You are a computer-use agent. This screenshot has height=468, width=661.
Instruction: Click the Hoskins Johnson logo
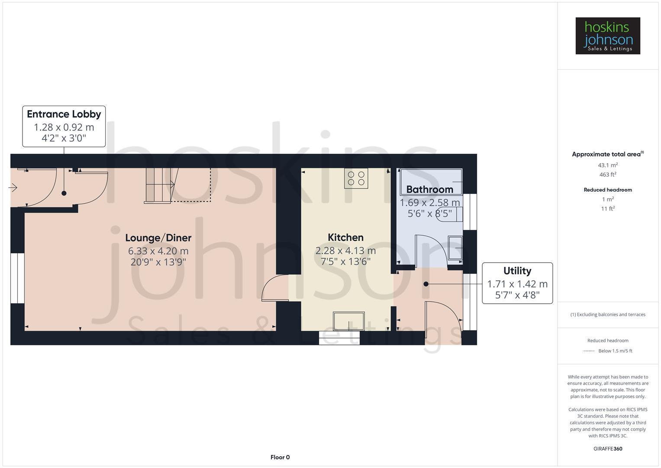coord(607,36)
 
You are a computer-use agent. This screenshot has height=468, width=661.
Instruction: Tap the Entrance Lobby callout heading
coord(64,114)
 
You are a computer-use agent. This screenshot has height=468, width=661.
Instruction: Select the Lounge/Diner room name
coord(158,237)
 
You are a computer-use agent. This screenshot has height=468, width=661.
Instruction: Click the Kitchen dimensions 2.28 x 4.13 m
coord(345,250)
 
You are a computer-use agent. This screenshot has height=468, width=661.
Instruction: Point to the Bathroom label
coord(429,189)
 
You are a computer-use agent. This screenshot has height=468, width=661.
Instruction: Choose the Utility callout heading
coord(517,271)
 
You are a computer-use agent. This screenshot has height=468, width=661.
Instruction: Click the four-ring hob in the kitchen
coord(356,178)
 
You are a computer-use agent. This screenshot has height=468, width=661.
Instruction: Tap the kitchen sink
coord(348,321)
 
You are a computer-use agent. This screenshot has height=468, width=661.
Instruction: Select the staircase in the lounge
coord(159,185)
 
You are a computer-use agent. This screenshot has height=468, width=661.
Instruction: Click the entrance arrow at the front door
coord(13,188)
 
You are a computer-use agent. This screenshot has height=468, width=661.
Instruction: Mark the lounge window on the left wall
coord(17,278)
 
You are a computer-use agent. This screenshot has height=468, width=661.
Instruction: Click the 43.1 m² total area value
coord(607,165)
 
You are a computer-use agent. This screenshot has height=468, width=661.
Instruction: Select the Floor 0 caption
coord(280,457)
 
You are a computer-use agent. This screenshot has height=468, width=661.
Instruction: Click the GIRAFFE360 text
coord(607,448)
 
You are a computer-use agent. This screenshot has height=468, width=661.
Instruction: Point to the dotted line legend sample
coord(589,351)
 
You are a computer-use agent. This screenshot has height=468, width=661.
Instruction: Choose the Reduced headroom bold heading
coord(607,190)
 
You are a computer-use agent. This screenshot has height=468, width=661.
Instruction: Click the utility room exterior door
coord(444,316)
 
